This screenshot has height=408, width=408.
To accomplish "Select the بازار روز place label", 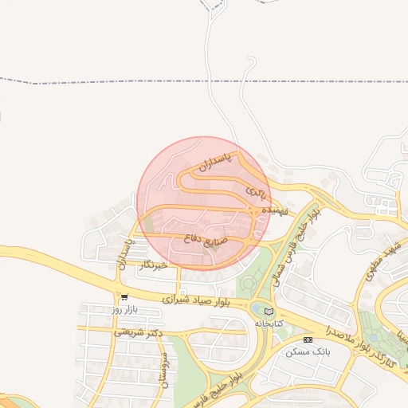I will pos(124,308).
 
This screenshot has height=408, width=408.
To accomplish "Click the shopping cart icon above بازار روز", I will pos(124,296).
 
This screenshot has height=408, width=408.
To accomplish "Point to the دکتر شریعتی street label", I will pos(138,333).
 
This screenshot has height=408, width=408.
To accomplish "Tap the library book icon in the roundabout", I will pos(268,311).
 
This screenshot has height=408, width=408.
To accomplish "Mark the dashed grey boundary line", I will pos(120,81).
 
